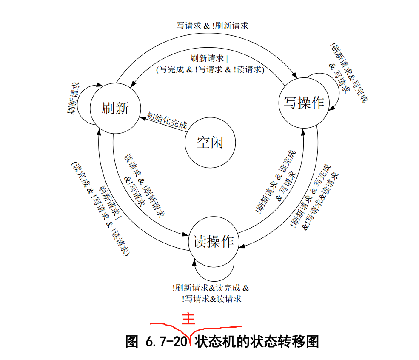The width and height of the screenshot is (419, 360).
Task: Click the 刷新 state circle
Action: click(115, 109)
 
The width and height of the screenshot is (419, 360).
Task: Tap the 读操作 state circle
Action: click(214, 242)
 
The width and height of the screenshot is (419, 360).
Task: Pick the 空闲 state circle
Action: click(210, 142)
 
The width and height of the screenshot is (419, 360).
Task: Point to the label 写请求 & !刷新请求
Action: click(212, 26)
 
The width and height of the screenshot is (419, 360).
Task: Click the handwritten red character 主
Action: click(188, 319)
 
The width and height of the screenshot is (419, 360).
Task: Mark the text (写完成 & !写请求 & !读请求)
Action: click(210, 69)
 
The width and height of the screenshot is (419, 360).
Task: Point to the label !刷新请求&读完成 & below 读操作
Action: click(211, 288)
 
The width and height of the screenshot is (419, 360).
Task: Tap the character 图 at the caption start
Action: click(132, 342)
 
